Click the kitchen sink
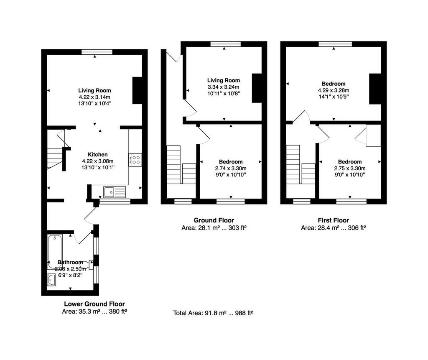115,192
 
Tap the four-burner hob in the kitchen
135,160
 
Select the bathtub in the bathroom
55,252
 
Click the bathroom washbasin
51,280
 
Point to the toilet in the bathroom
88,264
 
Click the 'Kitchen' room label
98,154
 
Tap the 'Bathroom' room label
70,262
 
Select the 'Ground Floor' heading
214,220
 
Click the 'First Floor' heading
333,220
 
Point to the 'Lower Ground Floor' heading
94,304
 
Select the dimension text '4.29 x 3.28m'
334,90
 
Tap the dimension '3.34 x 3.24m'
223,87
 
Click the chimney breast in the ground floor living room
257,88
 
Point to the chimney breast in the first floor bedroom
375,89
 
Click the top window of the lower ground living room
97,52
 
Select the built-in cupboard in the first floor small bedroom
373,135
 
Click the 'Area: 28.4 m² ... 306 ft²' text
333,228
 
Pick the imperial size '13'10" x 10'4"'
95,104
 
